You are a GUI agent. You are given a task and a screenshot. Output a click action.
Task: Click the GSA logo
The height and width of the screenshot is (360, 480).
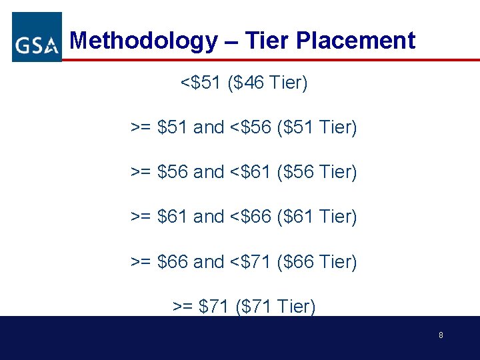click(37, 37)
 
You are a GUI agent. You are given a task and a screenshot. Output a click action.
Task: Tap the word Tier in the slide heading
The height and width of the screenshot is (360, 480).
click(267, 41)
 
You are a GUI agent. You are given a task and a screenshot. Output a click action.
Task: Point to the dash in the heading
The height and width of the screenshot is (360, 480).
click(231, 42)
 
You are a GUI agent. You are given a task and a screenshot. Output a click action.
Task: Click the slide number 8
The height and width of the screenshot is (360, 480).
click(441, 335)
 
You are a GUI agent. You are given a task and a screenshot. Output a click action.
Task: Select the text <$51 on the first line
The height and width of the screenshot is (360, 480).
click(201, 83)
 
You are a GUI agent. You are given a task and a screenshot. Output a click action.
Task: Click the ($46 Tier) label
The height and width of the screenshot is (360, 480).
click(268, 83)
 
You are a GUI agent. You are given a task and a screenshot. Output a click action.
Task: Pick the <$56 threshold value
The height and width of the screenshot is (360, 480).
click(249, 127)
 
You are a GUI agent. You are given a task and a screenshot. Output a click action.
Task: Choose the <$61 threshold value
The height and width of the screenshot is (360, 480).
click(249, 172)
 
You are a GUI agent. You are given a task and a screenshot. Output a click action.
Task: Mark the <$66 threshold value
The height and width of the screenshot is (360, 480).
click(249, 217)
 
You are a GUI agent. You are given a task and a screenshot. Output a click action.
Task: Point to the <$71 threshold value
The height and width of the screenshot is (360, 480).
click(249, 262)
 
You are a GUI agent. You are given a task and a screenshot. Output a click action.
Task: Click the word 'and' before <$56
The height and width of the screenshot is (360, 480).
click(208, 127)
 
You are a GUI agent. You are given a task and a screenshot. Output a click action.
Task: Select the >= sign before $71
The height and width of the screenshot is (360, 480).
click(183, 307)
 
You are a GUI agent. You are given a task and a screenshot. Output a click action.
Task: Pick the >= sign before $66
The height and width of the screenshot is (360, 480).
click(141, 262)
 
